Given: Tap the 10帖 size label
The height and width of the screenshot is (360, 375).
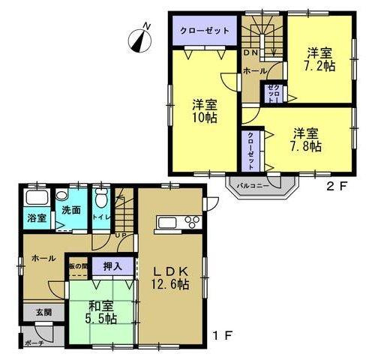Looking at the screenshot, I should [x=203, y=118].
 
